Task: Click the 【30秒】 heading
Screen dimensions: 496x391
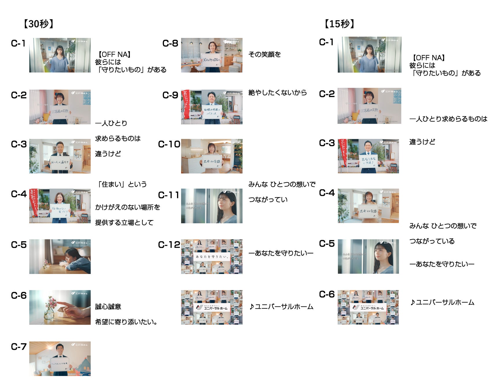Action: (38, 24)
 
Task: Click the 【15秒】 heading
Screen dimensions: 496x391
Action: (339, 24)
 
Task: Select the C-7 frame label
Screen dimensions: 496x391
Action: (19, 347)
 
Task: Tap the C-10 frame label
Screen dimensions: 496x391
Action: (169, 144)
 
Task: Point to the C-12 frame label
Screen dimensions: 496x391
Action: (169, 245)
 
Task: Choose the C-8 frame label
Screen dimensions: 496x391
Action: (170, 43)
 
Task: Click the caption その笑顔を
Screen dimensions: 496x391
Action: (265, 54)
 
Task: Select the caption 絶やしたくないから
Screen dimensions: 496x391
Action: (277, 93)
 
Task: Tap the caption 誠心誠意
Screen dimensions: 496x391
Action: (108, 307)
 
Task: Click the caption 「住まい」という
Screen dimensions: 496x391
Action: (122, 184)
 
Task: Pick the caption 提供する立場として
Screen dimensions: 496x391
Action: (124, 223)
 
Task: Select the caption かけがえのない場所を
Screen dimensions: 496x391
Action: (128, 207)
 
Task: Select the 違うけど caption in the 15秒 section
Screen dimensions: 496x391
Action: (422, 142)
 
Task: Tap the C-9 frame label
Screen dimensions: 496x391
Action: (170, 95)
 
